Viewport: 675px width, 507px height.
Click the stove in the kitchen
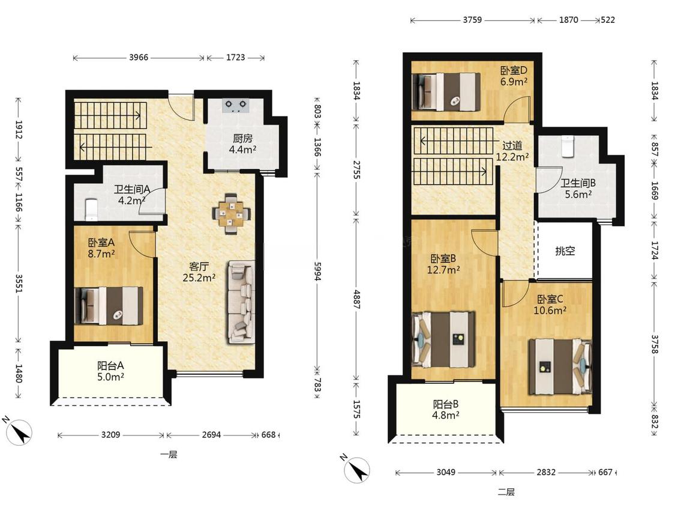(x=236, y=106)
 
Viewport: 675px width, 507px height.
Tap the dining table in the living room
(x=231, y=214)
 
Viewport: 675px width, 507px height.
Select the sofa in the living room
(x=241, y=302)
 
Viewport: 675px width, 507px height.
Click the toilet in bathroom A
(x=91, y=210)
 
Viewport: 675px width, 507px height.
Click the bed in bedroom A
(x=109, y=306)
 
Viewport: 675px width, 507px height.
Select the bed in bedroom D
(x=446, y=92)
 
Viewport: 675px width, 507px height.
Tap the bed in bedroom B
(x=444, y=340)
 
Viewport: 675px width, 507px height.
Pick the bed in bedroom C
(x=560, y=366)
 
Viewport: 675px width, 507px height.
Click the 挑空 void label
(x=565, y=250)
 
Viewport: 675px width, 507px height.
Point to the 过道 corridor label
(x=512, y=145)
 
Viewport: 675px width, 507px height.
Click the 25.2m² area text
(x=199, y=278)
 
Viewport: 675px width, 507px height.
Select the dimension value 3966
(x=139, y=57)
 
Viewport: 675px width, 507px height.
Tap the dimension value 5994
(x=317, y=272)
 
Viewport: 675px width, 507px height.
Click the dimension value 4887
(x=356, y=299)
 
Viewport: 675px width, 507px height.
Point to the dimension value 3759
(x=472, y=20)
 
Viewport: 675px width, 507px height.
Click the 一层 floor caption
(x=169, y=454)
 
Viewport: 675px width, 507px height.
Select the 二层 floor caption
(x=506, y=492)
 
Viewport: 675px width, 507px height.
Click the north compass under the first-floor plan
(x=19, y=431)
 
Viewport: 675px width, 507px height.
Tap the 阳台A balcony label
(x=110, y=366)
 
